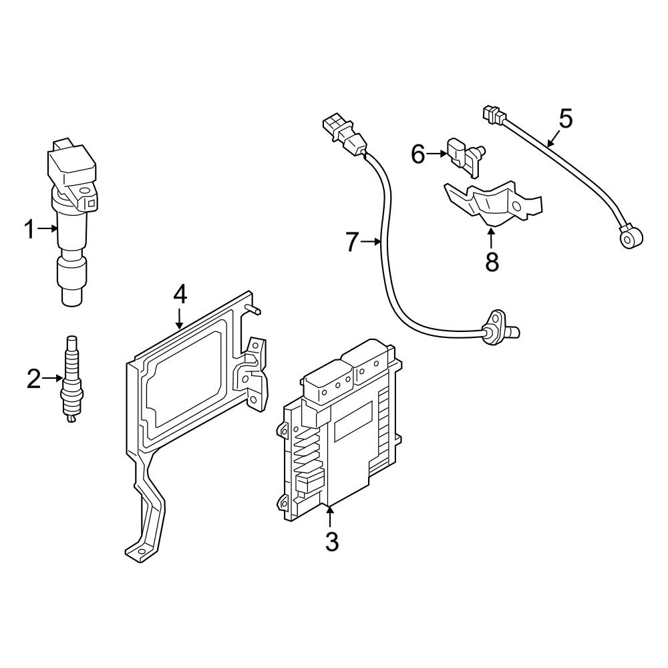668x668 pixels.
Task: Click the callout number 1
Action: [29, 230]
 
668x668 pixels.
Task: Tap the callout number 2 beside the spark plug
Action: [33, 379]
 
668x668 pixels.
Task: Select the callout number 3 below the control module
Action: [331, 541]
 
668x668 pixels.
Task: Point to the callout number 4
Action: [180, 294]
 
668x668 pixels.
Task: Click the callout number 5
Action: [565, 118]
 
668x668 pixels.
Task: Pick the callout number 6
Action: [418, 154]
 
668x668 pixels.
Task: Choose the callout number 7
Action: [353, 242]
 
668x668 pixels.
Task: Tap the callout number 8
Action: [492, 262]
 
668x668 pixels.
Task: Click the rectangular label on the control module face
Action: [352, 423]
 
